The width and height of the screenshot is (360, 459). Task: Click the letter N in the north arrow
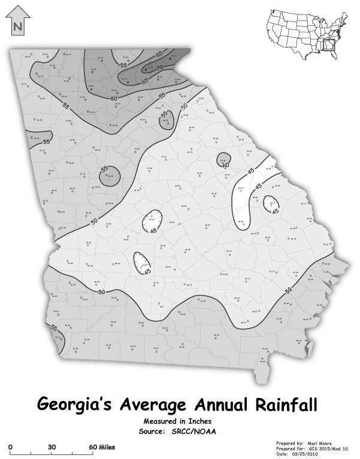point(17,26)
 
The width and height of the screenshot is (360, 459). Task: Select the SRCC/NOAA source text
point(200,430)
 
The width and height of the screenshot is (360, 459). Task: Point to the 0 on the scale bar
point(11,447)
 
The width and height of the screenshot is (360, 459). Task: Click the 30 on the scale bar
point(52,447)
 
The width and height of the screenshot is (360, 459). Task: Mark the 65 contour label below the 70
point(145,80)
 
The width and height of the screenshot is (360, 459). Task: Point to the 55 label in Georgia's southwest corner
point(55,328)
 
